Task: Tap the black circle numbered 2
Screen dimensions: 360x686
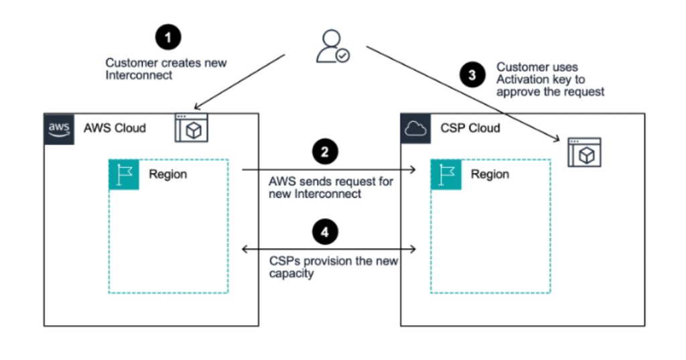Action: [x=325, y=152]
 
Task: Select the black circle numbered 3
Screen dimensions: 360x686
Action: [x=473, y=75]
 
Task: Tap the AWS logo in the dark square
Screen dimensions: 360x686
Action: [x=58, y=127]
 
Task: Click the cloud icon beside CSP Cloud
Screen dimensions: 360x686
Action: [x=415, y=128]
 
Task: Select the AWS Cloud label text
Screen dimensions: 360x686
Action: [x=115, y=128]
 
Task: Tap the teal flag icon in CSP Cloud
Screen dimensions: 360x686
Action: [x=445, y=174]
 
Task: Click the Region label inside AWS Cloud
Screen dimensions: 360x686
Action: [x=168, y=174]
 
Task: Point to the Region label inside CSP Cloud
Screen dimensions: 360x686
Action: [x=490, y=174]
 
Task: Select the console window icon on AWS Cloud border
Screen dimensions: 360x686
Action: [x=192, y=127]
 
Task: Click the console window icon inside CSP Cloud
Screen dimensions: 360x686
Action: [x=586, y=153]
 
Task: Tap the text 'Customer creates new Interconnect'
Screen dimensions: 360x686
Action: [x=165, y=69]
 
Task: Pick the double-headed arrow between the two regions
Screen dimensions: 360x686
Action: [x=329, y=249]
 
